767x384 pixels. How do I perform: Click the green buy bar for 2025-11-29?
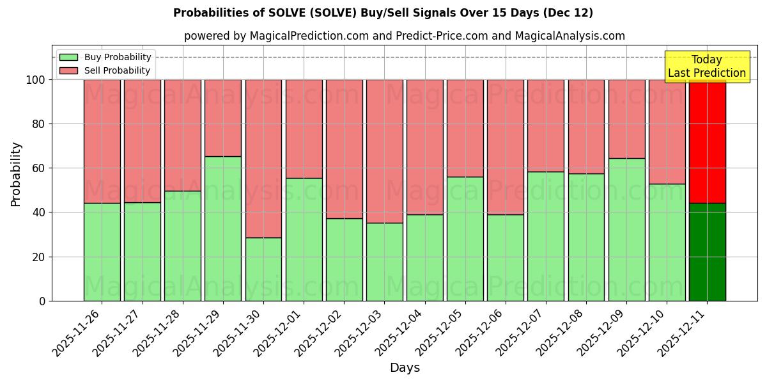tap(223, 228)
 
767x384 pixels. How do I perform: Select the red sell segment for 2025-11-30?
tap(263, 158)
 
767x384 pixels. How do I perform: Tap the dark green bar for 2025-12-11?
tap(707, 252)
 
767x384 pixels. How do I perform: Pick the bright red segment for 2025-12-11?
tap(707, 141)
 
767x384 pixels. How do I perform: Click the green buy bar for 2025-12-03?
tap(384, 262)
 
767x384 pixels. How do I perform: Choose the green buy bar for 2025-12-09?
tap(626, 229)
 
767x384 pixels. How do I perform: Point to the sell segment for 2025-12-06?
tap(506, 147)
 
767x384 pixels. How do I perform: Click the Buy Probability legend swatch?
tap(68, 57)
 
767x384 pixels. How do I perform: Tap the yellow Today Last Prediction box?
tap(707, 67)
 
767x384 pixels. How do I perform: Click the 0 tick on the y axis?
tap(43, 301)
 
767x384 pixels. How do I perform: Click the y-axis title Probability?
tap(16, 174)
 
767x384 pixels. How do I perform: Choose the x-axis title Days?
tap(405, 368)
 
